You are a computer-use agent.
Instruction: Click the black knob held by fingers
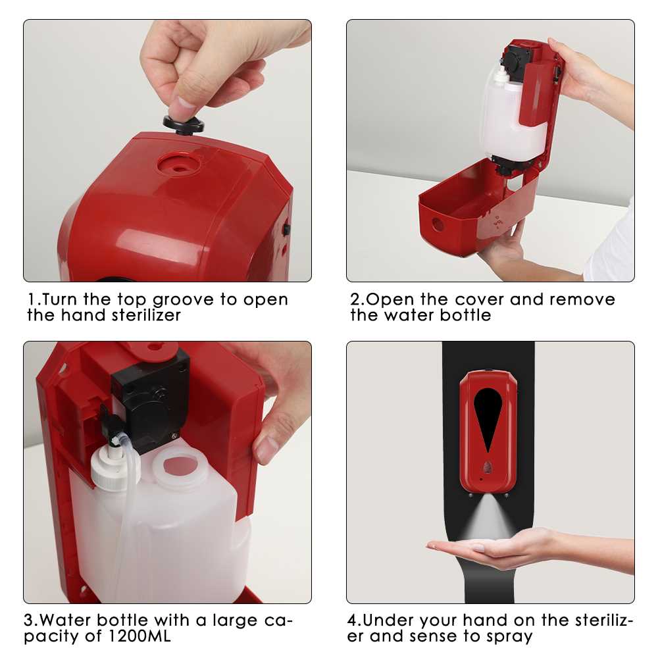coord(184,125)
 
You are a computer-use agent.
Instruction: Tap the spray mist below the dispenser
coord(487,516)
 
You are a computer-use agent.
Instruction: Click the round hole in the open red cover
coord(438,224)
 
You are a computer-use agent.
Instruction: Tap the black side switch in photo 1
coord(287,229)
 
